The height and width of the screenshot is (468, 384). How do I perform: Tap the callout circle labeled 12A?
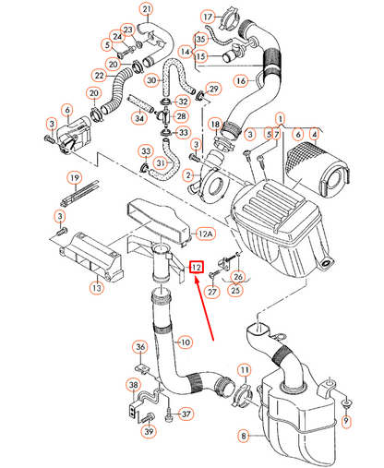click(207, 235)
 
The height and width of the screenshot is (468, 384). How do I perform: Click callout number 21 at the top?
click(146, 10)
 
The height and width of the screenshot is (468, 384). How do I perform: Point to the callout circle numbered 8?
click(244, 436)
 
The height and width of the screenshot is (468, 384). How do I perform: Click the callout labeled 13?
click(96, 289)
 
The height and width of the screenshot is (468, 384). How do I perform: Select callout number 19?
click(72, 177)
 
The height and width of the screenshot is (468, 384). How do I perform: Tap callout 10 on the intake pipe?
click(185, 342)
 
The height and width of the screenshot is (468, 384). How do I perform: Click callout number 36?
click(140, 347)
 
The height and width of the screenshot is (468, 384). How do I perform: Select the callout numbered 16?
click(241, 81)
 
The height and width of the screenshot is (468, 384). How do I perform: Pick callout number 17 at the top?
click(208, 18)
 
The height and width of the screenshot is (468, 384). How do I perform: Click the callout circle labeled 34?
click(139, 117)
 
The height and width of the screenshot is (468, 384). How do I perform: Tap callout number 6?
click(66, 110)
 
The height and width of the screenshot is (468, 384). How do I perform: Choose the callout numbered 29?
click(213, 89)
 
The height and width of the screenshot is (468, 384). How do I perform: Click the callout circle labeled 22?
click(98, 75)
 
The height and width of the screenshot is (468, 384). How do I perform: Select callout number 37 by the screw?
click(186, 414)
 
